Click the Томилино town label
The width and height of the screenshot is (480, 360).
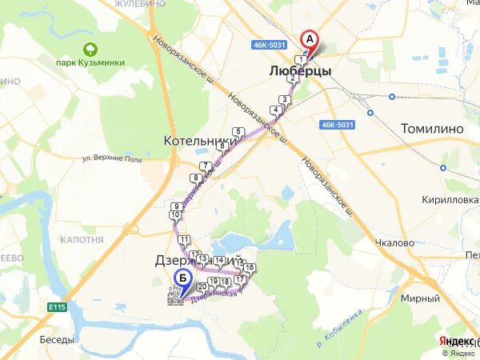(x=433, y=127)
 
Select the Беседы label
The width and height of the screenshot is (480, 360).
(x=58, y=339)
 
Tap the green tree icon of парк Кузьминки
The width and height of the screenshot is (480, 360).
(x=90, y=49)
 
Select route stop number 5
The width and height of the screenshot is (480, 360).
(x=238, y=132)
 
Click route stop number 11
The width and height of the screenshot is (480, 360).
(x=184, y=240)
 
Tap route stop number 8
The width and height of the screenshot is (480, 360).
(x=194, y=178)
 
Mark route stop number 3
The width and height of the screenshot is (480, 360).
(x=284, y=100)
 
